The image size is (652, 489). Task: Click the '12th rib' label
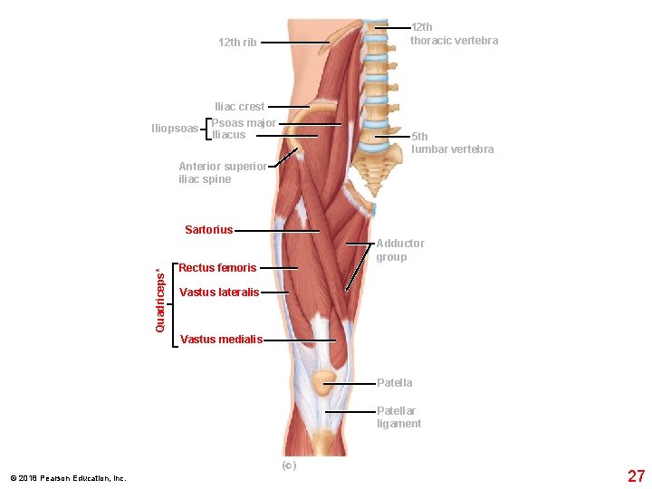click(x=237, y=43)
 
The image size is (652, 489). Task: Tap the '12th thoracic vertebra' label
click(x=454, y=34)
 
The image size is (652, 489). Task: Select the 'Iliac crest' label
click(x=239, y=107)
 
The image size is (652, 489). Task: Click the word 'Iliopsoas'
click(x=175, y=129)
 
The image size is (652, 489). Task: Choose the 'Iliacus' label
click(x=229, y=135)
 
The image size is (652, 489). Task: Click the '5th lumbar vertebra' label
click(x=452, y=143)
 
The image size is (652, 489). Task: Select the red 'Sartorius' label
click(x=208, y=230)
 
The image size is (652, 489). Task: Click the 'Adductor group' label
click(x=399, y=250)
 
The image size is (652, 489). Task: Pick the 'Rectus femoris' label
click(x=217, y=268)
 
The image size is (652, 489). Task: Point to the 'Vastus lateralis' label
click(x=219, y=292)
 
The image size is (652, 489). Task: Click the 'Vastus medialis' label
click(x=221, y=340)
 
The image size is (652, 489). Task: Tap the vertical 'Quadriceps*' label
click(x=160, y=300)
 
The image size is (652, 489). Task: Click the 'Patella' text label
click(x=394, y=383)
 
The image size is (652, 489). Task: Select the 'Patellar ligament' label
click(x=398, y=417)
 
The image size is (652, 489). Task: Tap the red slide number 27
click(x=636, y=476)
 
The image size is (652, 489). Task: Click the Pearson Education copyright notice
click(x=68, y=478)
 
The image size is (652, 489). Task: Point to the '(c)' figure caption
click(x=288, y=465)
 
